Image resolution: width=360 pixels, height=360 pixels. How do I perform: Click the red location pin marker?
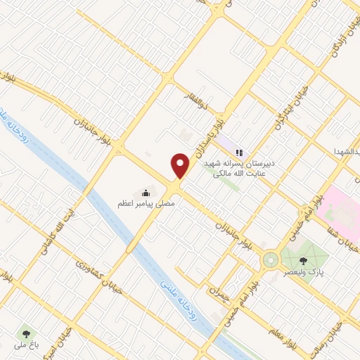pyautogui.click(x=181, y=165)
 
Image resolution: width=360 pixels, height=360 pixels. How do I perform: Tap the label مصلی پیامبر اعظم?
pyautogui.click(x=146, y=203)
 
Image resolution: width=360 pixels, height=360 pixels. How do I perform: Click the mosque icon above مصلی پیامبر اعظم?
pyautogui.click(x=146, y=192)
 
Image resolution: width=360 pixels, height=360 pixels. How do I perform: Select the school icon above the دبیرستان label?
pyautogui.click(x=239, y=152)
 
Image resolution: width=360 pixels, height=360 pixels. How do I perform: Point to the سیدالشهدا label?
pyautogui.click(x=347, y=153)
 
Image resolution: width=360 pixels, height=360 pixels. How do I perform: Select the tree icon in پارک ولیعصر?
pyautogui.click(x=303, y=260)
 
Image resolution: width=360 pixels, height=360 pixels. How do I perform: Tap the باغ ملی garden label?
pyautogui.click(x=27, y=345)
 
